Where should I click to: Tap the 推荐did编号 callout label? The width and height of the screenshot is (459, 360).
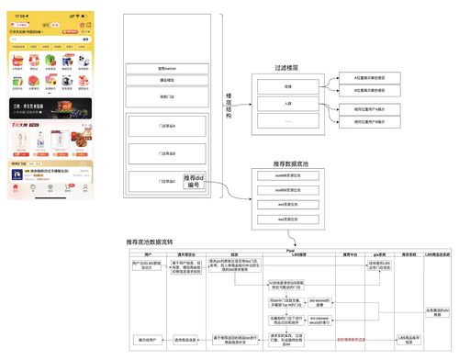tap(199, 182)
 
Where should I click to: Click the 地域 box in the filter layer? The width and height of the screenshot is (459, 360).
tap(287, 85)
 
